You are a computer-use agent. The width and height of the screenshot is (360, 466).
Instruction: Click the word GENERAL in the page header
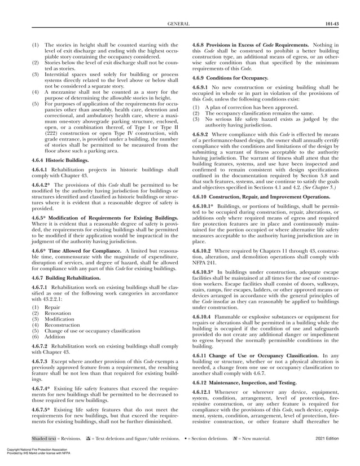[179, 24]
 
